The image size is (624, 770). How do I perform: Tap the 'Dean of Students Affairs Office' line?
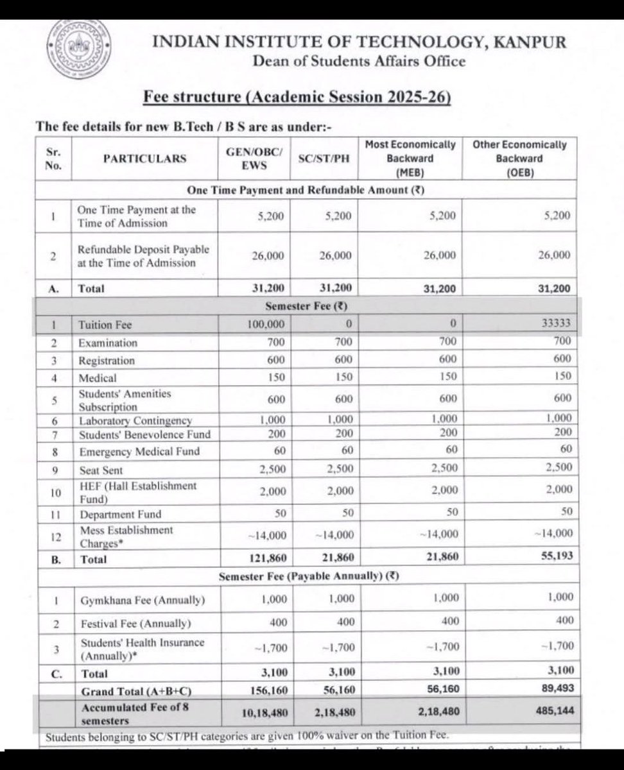[358, 62]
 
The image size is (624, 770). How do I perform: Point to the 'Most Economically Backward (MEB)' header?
[411, 158]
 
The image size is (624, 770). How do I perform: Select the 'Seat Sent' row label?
[100, 470]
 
